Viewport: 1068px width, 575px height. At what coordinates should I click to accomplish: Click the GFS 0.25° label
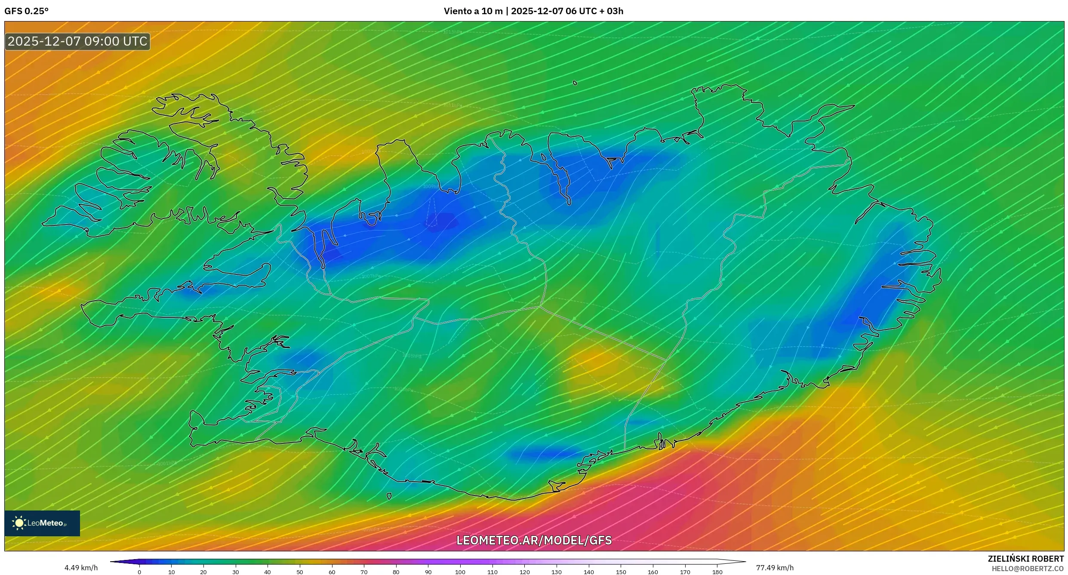(27, 11)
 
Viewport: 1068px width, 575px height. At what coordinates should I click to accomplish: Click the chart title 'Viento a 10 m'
(473, 11)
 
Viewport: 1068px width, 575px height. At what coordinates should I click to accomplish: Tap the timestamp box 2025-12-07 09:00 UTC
(77, 41)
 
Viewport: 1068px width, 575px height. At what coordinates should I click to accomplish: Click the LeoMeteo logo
(42, 523)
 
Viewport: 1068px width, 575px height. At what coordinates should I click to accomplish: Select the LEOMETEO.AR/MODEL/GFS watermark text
(534, 540)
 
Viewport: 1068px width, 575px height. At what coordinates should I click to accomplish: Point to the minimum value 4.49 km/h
(81, 568)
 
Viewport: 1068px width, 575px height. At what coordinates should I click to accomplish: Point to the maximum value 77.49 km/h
(775, 568)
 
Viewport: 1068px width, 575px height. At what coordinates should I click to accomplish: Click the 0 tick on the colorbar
(139, 572)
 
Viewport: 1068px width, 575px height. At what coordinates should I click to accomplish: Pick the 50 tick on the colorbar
(300, 572)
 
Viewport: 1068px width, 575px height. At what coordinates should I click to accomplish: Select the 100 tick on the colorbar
(460, 572)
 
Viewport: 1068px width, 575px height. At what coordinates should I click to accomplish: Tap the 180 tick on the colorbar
(717, 572)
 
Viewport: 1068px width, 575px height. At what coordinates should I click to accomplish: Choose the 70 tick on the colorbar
(364, 572)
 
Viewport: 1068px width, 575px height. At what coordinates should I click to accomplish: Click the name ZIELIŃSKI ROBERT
(1025, 559)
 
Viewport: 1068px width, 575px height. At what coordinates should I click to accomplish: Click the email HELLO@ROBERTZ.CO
(1027, 569)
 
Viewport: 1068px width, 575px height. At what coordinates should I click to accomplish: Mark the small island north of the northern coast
(575, 83)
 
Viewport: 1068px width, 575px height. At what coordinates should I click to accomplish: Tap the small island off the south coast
(389, 496)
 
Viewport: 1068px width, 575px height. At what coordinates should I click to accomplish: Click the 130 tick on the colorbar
(557, 572)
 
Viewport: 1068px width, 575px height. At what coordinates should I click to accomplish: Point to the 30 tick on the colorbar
(236, 572)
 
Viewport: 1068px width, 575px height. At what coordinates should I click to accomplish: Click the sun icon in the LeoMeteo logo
(19, 523)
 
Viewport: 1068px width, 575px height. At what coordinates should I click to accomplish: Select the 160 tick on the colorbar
(653, 572)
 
